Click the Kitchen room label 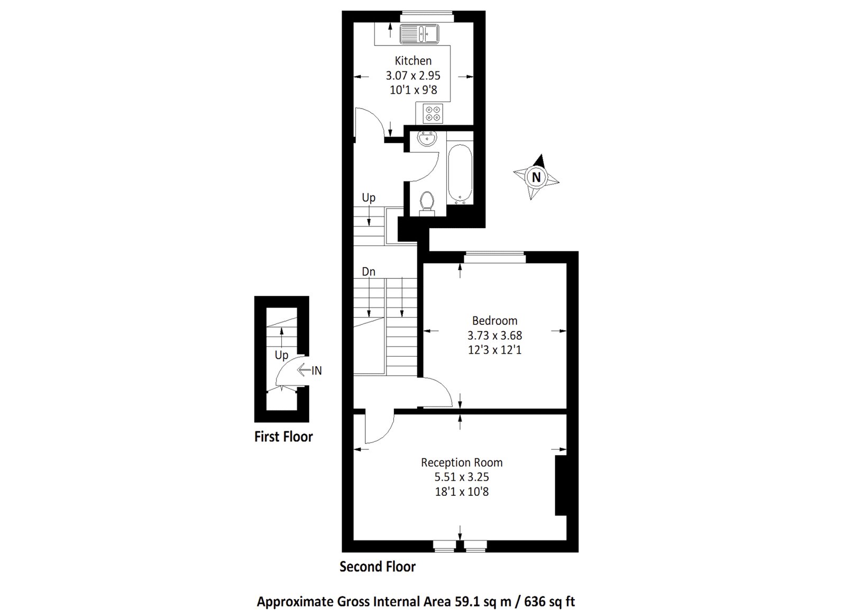coord(413,61)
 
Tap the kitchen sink coord(419,34)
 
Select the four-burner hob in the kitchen coord(433,114)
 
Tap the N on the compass coord(536,177)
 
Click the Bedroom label coord(494,321)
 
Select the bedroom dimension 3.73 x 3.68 coord(494,336)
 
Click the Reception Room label coord(462,463)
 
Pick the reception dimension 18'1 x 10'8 coord(462,492)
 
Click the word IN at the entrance coord(316,371)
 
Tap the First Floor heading coord(283,437)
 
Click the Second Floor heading coord(378,567)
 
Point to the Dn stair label coord(369,271)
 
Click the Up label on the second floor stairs coord(369,197)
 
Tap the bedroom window coord(494,258)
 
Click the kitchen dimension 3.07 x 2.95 coord(413,76)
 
